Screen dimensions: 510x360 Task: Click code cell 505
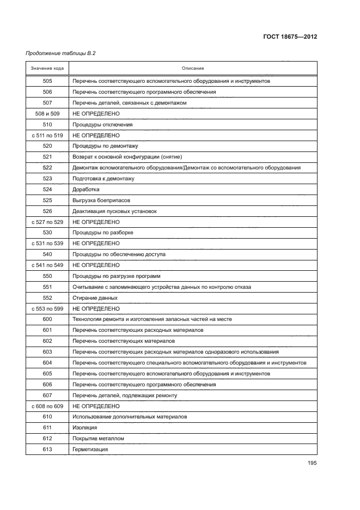point(47,81)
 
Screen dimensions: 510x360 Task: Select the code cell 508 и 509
point(47,113)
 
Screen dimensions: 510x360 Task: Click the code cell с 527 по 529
point(47,222)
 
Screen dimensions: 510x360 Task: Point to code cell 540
point(47,254)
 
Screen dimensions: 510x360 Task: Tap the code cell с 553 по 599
point(47,308)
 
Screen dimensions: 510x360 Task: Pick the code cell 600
point(47,319)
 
